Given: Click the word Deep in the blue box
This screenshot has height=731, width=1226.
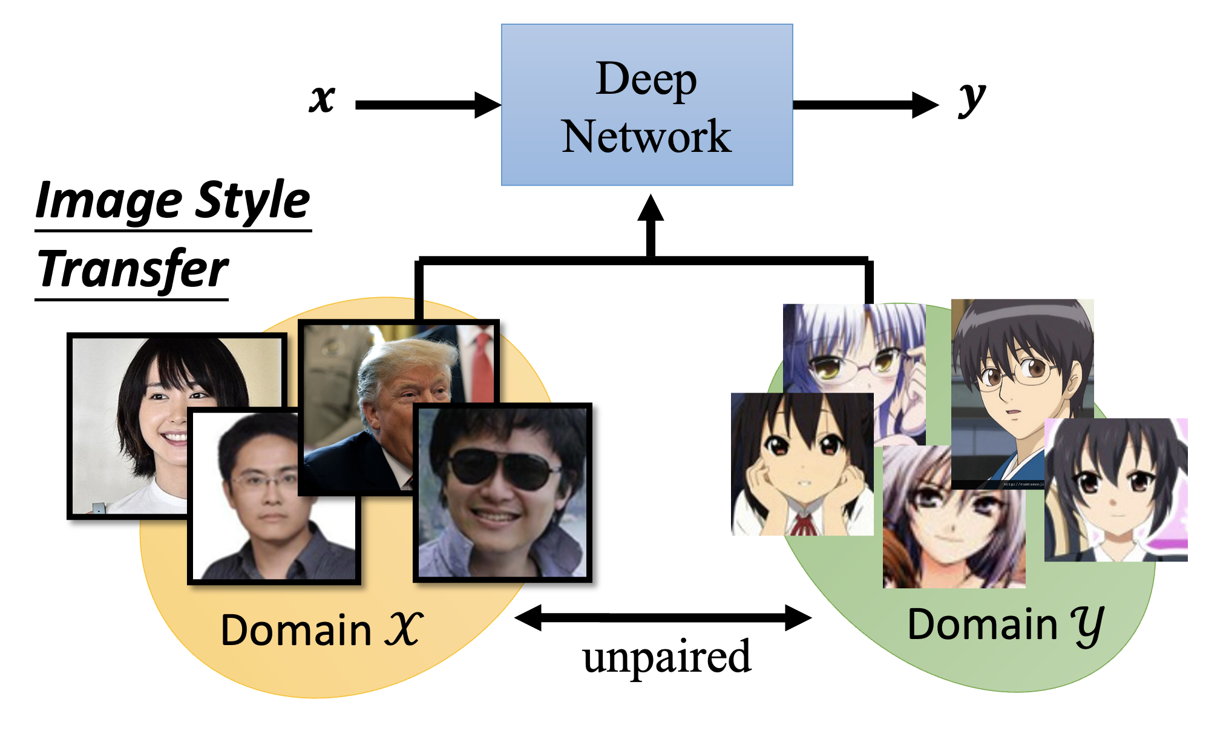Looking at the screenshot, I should point(646,80).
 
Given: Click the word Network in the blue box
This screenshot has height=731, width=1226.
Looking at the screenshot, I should point(646,137).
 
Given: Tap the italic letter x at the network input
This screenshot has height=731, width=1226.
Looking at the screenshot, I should point(322,98).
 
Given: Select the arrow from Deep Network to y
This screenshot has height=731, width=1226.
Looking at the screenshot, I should point(865,105).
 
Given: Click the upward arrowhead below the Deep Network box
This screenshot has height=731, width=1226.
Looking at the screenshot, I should point(651,209).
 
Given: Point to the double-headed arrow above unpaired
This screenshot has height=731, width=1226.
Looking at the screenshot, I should point(663,618).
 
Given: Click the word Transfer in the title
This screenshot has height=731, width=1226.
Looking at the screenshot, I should point(133,270).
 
